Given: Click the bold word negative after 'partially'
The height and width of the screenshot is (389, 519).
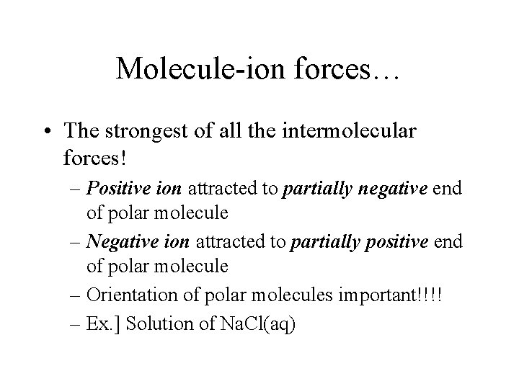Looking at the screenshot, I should [x=389, y=189].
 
